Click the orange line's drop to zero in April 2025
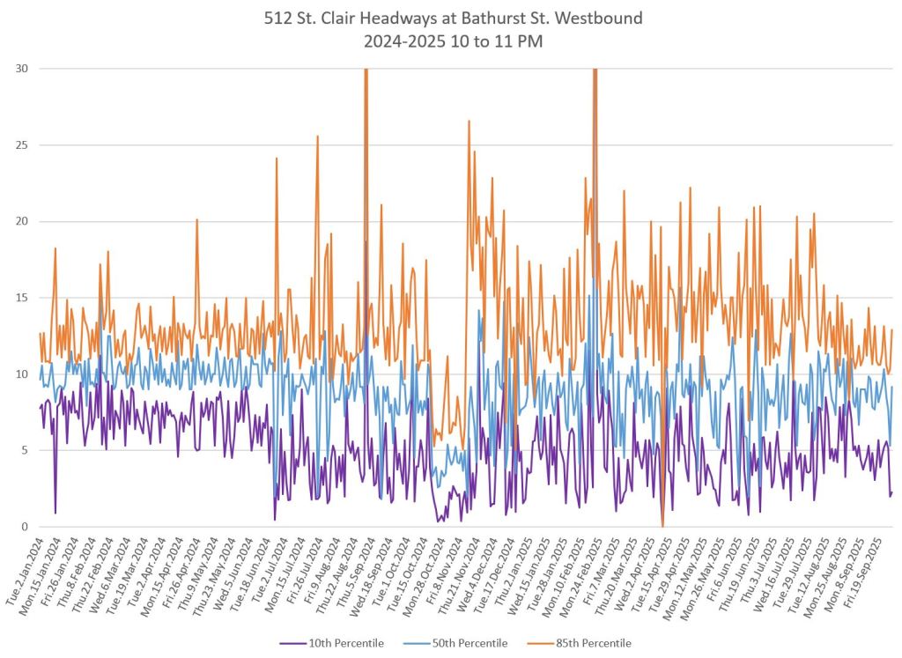(662, 525)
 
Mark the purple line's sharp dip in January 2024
(55, 512)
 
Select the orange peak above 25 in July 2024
(317, 137)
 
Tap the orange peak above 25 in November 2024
(469, 122)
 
